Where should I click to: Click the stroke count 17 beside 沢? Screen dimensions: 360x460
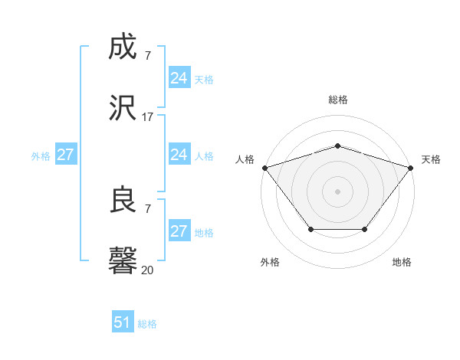(147, 117)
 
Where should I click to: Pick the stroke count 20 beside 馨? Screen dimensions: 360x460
(147, 270)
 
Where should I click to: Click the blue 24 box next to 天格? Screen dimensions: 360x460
(179, 78)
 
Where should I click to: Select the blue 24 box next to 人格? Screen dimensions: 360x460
(179, 155)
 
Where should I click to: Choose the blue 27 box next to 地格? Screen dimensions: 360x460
(179, 231)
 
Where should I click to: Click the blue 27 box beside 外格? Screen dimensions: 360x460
(65, 155)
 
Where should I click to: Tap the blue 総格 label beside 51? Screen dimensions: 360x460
(147, 324)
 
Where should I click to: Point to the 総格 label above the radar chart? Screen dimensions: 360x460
(337, 100)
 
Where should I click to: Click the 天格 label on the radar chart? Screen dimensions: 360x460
(431, 159)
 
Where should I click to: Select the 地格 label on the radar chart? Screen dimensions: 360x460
(402, 262)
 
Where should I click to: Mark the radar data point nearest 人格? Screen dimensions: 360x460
(264, 168)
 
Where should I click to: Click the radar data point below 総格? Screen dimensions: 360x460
(337, 146)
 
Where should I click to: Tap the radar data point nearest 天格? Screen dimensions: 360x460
(411, 168)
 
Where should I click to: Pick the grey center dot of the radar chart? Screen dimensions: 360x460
(337, 191)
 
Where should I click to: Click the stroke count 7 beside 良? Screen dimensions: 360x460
(147, 208)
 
